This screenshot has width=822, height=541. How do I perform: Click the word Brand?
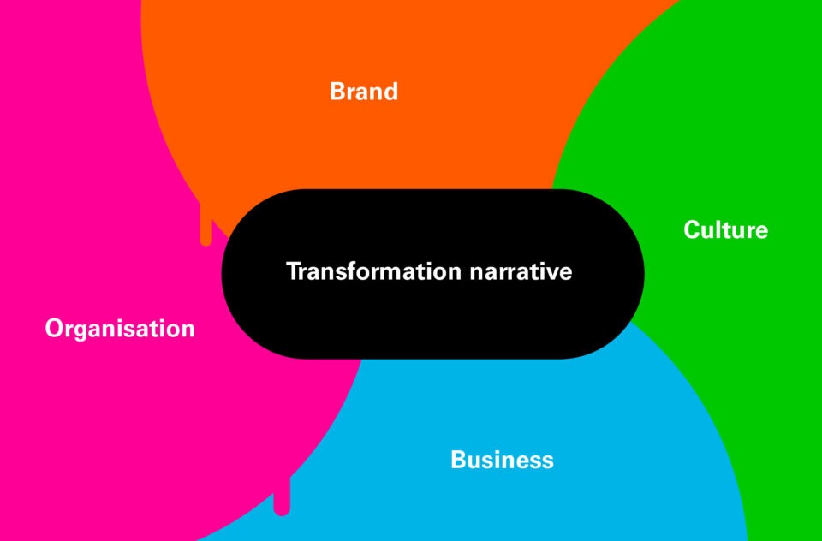click(x=364, y=92)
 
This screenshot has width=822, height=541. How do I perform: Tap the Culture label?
click(x=725, y=229)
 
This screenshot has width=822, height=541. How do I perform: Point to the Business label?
click(x=502, y=460)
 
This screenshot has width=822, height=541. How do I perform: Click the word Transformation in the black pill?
click(x=374, y=271)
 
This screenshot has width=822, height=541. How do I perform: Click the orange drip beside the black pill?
click(x=206, y=223)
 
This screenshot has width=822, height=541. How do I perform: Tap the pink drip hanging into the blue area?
click(x=282, y=496)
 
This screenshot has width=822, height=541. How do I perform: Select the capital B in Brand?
click(x=338, y=92)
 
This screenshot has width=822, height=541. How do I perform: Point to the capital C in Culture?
click(x=693, y=229)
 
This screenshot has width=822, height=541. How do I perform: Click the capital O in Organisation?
click(x=55, y=328)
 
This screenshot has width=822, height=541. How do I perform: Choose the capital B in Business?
click(x=459, y=460)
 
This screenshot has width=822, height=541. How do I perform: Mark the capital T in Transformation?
click(x=295, y=271)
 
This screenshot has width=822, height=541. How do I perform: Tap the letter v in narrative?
click(x=550, y=274)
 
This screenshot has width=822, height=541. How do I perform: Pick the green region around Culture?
click(x=734, y=314)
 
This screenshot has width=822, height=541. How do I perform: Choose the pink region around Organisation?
click(x=104, y=419)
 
